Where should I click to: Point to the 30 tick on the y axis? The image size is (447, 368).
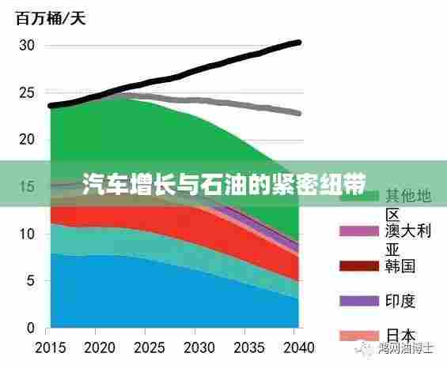point(27,46)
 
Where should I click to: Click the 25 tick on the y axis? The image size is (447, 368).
point(27,93)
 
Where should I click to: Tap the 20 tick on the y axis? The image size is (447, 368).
point(27,140)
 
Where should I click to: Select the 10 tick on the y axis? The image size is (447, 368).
point(27,234)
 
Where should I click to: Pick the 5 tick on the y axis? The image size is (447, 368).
point(31,280)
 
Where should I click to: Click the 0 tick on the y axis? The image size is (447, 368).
point(31,328)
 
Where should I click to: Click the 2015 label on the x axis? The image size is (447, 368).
point(51,347)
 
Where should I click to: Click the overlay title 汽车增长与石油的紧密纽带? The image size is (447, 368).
point(223,183)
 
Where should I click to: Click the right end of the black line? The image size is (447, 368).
point(298,42)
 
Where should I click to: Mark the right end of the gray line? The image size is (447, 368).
point(298,113)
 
